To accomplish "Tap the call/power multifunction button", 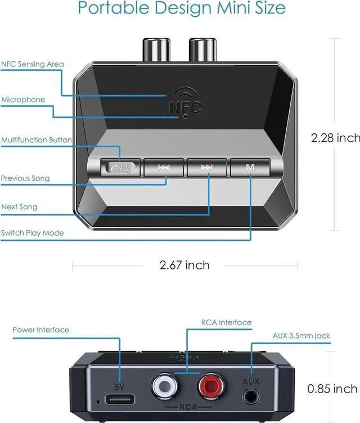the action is pyautogui.click(x=120, y=167).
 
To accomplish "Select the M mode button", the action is pyautogui.click(x=250, y=167).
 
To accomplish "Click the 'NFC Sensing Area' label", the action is pyautogui.click(x=33, y=64).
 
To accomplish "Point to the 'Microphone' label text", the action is pyautogui.click(x=23, y=100).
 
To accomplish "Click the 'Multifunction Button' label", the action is pyautogui.click(x=37, y=139).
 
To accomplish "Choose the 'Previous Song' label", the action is pyautogui.click(x=25, y=178).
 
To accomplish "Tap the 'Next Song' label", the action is pyautogui.click(x=19, y=206).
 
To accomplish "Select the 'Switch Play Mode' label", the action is pyautogui.click(x=33, y=233).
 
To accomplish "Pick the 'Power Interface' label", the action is pyautogui.click(x=41, y=330).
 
